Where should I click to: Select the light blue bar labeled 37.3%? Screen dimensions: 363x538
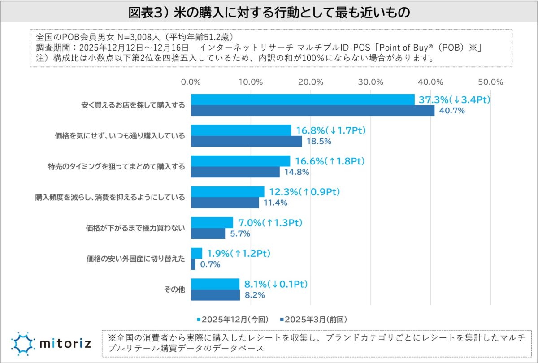tap(303, 99)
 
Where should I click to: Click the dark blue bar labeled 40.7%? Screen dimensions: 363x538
tap(312, 110)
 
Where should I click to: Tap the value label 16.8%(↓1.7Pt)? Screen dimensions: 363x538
tap(331, 130)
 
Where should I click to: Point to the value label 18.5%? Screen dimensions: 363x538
tap(318, 142)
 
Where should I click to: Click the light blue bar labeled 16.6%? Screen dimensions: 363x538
tap(240, 161)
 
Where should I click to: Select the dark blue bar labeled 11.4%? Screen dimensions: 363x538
tap(225, 203)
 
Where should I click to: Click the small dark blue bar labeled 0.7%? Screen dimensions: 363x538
tap(193, 264)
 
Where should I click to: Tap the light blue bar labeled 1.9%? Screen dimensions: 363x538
tap(196, 253)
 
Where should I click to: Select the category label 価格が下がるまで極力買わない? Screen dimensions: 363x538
tap(135, 228)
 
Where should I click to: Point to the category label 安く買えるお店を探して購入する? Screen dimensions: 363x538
tap(133, 105)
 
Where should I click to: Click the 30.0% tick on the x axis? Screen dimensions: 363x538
tap(371, 82)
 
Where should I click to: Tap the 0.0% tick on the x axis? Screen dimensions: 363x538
tap(191, 82)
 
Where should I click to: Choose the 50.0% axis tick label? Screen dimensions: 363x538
tap(490, 82)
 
